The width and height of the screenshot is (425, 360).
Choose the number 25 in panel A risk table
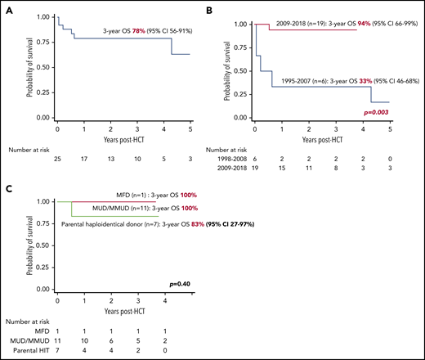[56, 152]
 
